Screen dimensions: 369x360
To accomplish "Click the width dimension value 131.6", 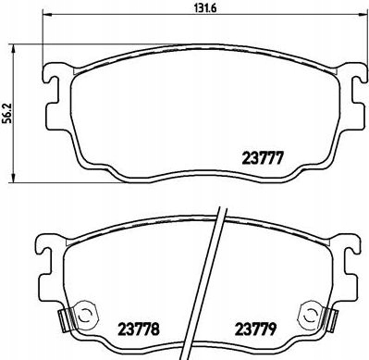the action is (206, 7).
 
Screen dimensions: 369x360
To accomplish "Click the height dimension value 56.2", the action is (7, 113).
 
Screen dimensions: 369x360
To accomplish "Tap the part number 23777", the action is (263, 159).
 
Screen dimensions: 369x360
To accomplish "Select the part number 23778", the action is (139, 329).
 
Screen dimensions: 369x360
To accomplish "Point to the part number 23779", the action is (256, 329).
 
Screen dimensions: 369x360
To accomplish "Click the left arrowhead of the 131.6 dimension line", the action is (46, 14).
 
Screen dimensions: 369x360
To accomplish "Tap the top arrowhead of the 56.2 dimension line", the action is (13, 48).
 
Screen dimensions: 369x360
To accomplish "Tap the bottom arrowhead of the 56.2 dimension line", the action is (13, 178).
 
